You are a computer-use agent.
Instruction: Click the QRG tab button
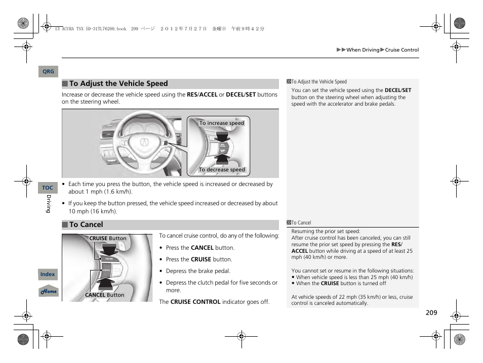click(48, 72)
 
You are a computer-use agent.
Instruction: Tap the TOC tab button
click(48, 188)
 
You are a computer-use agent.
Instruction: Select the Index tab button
click(48, 275)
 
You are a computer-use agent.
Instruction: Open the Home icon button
click(49, 292)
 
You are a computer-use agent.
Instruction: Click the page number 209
click(431, 313)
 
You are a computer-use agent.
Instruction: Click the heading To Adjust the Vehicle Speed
click(118, 84)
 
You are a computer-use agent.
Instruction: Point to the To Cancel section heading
click(86, 225)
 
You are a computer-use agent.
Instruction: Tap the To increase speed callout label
click(221, 123)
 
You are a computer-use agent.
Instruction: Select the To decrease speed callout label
click(222, 170)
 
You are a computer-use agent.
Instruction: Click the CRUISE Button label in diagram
click(108, 238)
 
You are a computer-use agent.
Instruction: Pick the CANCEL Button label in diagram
click(104, 295)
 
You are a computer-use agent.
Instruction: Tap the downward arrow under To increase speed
click(222, 135)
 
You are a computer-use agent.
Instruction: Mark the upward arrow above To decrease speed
click(222, 159)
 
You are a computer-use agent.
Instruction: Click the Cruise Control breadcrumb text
click(402, 50)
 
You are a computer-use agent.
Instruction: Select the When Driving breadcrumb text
click(363, 50)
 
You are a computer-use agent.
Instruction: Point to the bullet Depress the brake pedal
click(198, 271)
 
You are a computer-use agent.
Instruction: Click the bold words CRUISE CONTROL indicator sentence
click(195, 302)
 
